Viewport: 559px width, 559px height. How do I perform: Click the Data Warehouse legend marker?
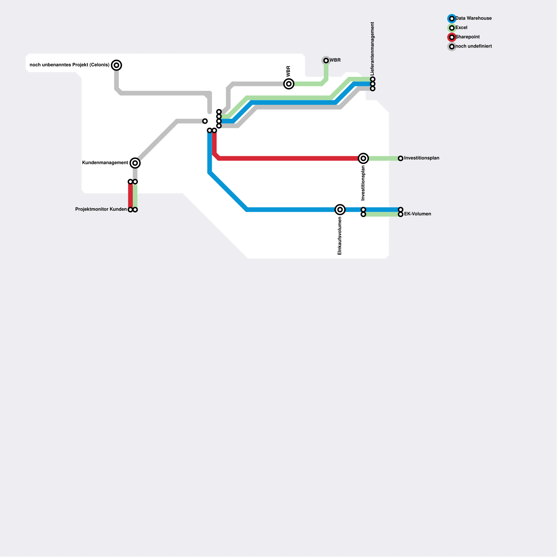tap(452, 19)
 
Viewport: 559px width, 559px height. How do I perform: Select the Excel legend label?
tap(461, 28)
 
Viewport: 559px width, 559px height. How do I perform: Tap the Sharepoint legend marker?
tap(452, 37)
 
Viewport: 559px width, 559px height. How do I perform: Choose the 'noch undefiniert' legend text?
tap(473, 46)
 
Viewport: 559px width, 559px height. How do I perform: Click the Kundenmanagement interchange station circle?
tap(135, 163)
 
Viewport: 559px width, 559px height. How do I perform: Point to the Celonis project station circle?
tap(117, 65)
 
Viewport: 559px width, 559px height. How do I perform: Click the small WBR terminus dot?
tap(326, 60)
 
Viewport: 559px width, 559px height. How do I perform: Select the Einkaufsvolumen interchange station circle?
tap(340, 210)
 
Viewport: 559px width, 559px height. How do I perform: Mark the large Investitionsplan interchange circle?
tap(363, 158)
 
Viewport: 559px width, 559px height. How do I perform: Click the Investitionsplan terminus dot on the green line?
tap(401, 158)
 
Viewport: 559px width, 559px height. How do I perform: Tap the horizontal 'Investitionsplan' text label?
tap(421, 158)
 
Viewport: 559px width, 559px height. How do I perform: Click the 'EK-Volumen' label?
tap(418, 214)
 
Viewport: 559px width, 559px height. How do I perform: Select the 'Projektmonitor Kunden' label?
tap(101, 209)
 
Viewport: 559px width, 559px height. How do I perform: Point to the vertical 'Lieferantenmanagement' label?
tap(372, 49)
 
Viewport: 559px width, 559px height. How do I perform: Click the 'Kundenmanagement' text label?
tap(105, 162)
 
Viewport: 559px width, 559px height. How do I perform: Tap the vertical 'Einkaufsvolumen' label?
tap(340, 235)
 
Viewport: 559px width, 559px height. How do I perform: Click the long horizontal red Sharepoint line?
tap(286, 158)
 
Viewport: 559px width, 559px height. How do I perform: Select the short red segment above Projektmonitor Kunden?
tap(130, 196)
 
